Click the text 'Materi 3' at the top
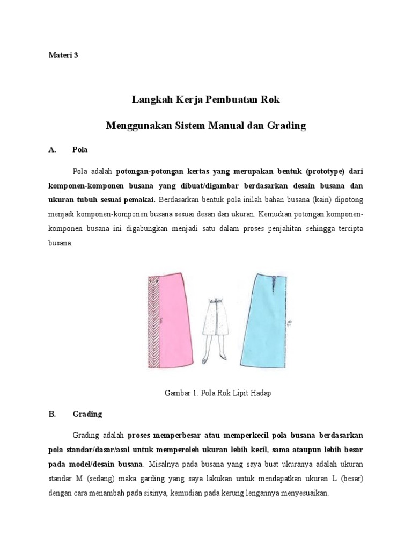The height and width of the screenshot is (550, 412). click(63, 55)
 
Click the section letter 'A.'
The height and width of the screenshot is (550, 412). click(52, 150)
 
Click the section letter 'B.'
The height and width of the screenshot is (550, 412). click(52, 414)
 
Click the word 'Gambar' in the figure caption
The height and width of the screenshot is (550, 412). click(176, 393)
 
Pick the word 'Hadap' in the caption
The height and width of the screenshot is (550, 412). click(260, 393)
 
